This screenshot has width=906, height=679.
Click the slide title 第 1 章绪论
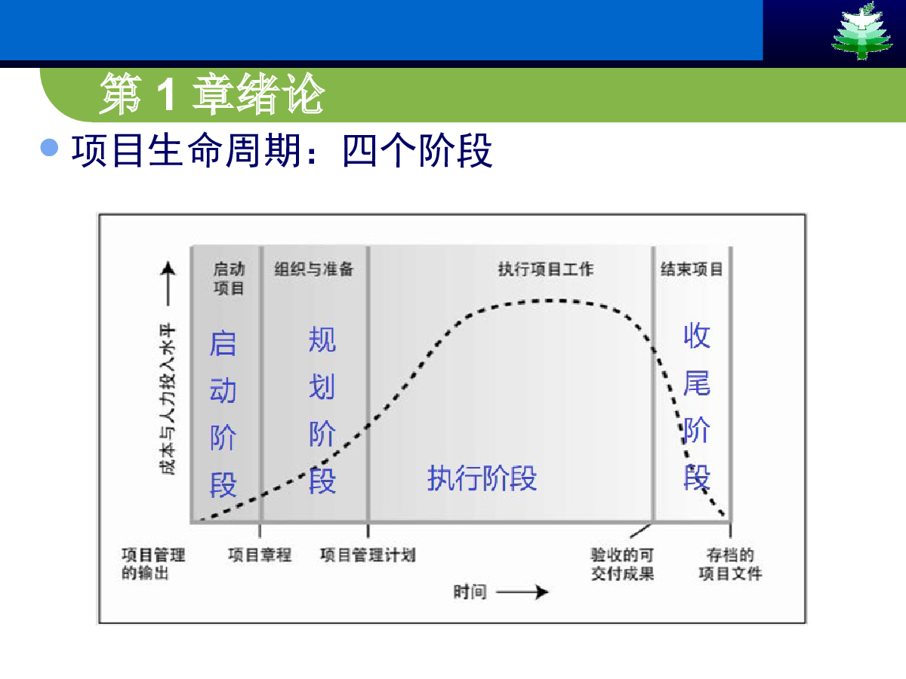click(211, 94)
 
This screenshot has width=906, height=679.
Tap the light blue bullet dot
click(50, 148)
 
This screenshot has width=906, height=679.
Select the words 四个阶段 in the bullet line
click(418, 150)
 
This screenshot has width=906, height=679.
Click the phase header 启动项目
click(229, 278)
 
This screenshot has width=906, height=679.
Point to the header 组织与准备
click(313, 269)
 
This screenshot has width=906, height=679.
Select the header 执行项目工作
click(546, 269)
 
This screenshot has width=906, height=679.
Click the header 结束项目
click(692, 269)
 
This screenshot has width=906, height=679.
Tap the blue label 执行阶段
click(482, 478)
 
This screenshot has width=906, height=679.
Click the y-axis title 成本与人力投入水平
click(168, 398)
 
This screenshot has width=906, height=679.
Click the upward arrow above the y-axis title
click(168, 284)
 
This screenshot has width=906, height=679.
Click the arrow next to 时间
click(522, 592)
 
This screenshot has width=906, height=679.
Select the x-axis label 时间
click(470, 592)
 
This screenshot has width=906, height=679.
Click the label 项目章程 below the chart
click(260, 555)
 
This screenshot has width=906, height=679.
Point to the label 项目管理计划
click(368, 555)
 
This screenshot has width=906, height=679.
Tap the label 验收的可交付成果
click(622, 564)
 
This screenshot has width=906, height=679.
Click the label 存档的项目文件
click(730, 564)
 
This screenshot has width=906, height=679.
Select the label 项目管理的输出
click(153, 564)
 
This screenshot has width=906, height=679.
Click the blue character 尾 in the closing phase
click(697, 383)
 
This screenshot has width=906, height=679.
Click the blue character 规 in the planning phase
click(322, 339)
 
